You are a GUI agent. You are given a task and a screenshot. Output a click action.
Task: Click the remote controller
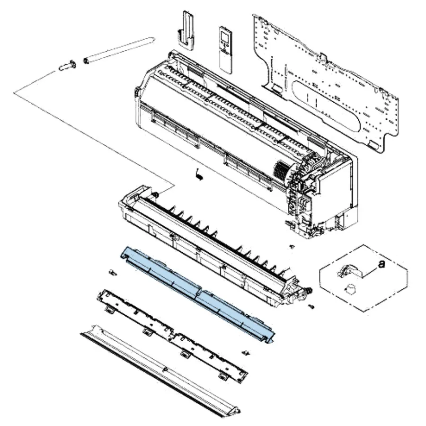(x=226, y=50)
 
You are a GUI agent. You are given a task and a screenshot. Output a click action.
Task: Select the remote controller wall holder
(x=186, y=30)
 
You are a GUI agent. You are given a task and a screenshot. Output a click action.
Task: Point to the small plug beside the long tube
(x=67, y=66)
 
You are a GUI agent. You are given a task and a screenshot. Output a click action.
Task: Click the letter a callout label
(x=382, y=263)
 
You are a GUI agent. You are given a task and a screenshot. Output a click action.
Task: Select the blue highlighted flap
(x=197, y=294)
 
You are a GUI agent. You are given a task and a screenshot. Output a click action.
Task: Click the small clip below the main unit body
(x=199, y=174)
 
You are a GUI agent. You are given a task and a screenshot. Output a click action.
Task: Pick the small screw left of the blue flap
(x=112, y=272)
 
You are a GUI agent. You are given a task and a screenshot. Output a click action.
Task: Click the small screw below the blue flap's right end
(x=246, y=353)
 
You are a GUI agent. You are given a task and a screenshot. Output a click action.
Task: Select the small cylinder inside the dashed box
(x=350, y=289)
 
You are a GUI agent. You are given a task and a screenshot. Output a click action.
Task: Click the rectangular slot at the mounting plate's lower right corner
(x=374, y=145)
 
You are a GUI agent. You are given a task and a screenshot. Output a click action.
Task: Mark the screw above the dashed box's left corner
(x=292, y=247)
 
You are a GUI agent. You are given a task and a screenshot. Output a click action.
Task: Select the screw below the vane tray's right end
(x=311, y=307)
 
